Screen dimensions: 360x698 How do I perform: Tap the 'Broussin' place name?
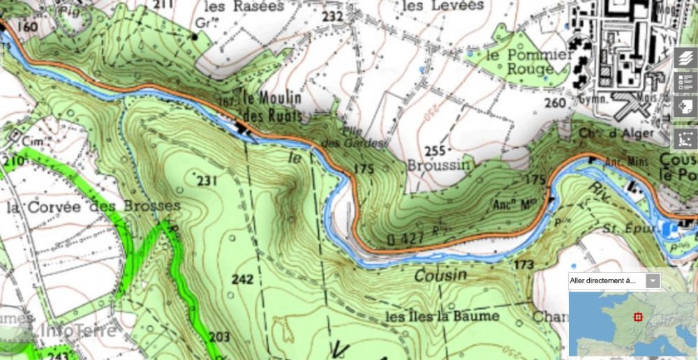435,166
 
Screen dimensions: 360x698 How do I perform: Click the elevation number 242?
242,279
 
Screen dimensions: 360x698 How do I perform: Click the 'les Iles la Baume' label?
443,316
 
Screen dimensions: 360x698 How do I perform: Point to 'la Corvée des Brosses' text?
94,207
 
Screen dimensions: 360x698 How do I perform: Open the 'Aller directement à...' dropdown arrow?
653,281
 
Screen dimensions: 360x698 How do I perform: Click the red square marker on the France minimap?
637,317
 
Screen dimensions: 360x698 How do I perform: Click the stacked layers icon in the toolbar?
685,59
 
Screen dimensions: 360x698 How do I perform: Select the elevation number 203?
219,337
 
